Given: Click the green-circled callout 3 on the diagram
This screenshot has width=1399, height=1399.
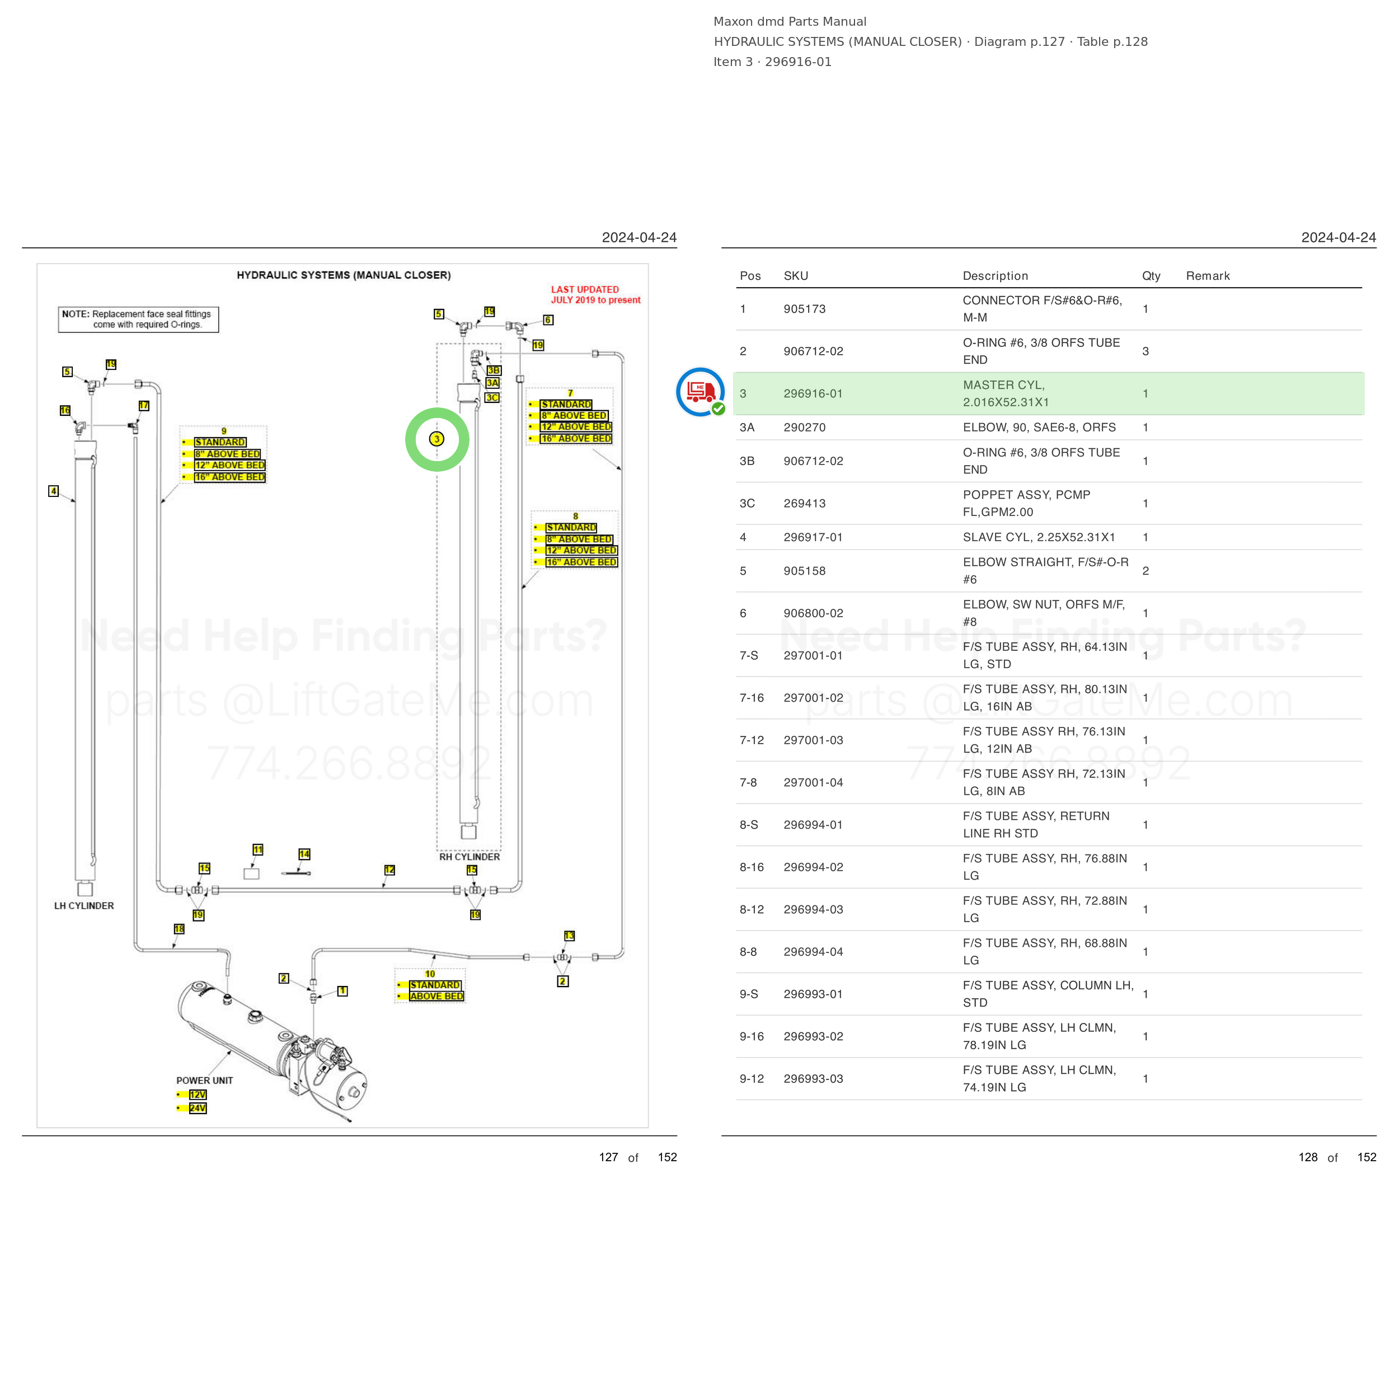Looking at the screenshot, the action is pos(436,439).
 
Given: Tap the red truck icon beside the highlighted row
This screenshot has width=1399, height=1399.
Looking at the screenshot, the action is pos(700,392).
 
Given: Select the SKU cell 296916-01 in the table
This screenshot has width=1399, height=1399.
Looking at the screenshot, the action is pos(813,394).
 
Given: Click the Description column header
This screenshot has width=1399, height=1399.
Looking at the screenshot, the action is pos(995,276).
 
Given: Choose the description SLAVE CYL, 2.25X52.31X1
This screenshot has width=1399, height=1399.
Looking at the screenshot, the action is pos(1039,537).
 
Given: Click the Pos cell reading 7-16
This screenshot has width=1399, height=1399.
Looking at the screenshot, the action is pos(752,698).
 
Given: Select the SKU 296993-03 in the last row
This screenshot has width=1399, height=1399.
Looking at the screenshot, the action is pos(813,1079).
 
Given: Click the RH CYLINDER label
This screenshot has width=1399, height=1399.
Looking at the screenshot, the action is pos(470,857).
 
